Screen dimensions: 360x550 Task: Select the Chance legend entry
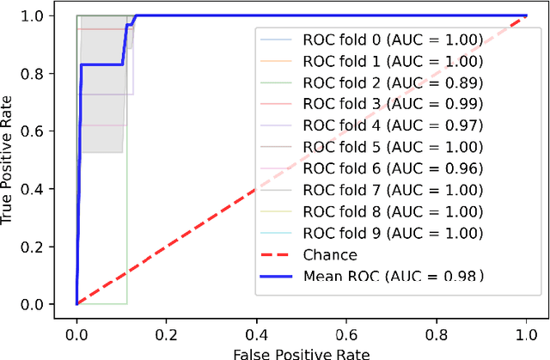pyautogui.click(x=330, y=254)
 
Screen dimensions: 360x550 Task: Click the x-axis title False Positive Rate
pyautogui.click(x=301, y=352)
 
